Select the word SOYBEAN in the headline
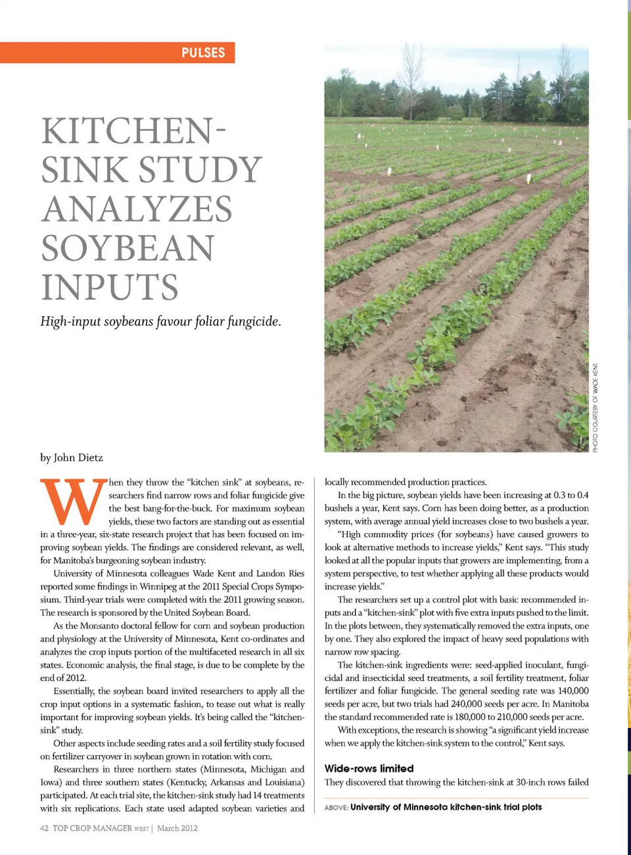coord(128,248)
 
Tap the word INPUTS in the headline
coord(110,287)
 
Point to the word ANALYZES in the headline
coord(137,209)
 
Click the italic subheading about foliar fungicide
coord(160,321)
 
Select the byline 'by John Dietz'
coord(72,457)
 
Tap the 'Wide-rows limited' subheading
coord(369,768)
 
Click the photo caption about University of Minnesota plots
coord(446,807)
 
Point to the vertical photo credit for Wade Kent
coord(596,407)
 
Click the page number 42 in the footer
coord(44,828)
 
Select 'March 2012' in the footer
coord(177,828)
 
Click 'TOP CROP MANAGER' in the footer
coord(92,828)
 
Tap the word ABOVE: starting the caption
coord(336,808)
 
